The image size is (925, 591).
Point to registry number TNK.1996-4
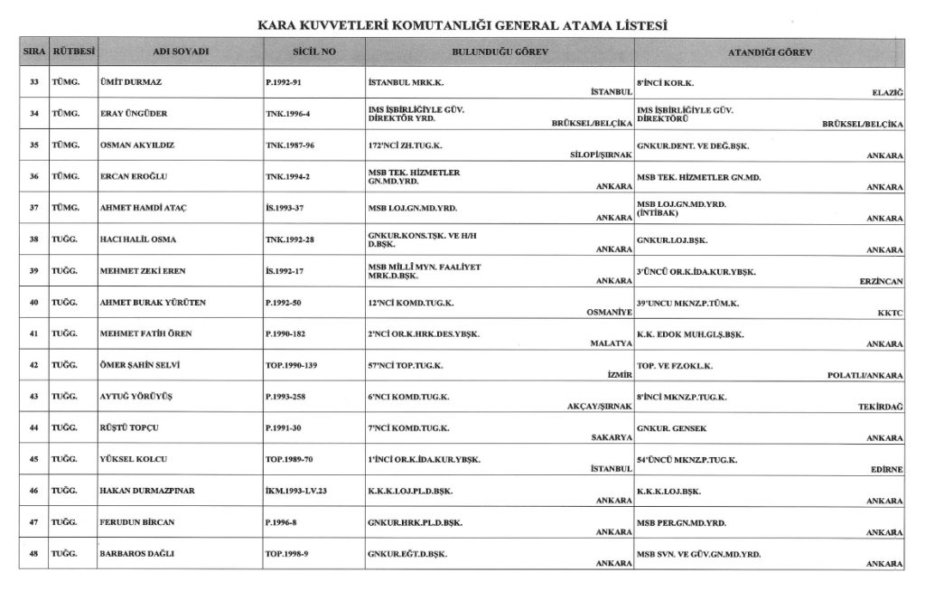[289, 113]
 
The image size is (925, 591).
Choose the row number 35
[33, 145]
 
